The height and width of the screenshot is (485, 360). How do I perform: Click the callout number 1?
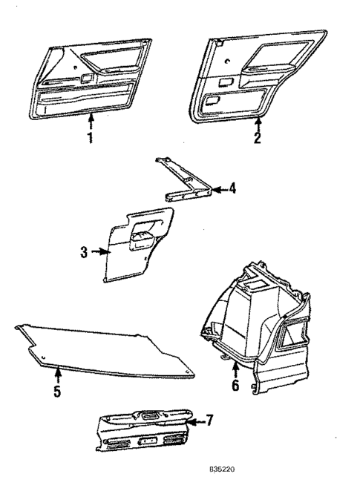click(x=91, y=139)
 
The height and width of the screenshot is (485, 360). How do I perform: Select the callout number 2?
click(x=258, y=137)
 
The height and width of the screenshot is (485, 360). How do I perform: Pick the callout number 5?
click(x=56, y=391)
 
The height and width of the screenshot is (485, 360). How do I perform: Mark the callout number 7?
click(x=209, y=420)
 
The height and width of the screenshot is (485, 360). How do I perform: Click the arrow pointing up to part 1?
click(x=91, y=121)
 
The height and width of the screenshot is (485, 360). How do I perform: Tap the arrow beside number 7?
click(x=195, y=421)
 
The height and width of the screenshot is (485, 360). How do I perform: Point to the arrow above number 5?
click(x=56, y=375)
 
